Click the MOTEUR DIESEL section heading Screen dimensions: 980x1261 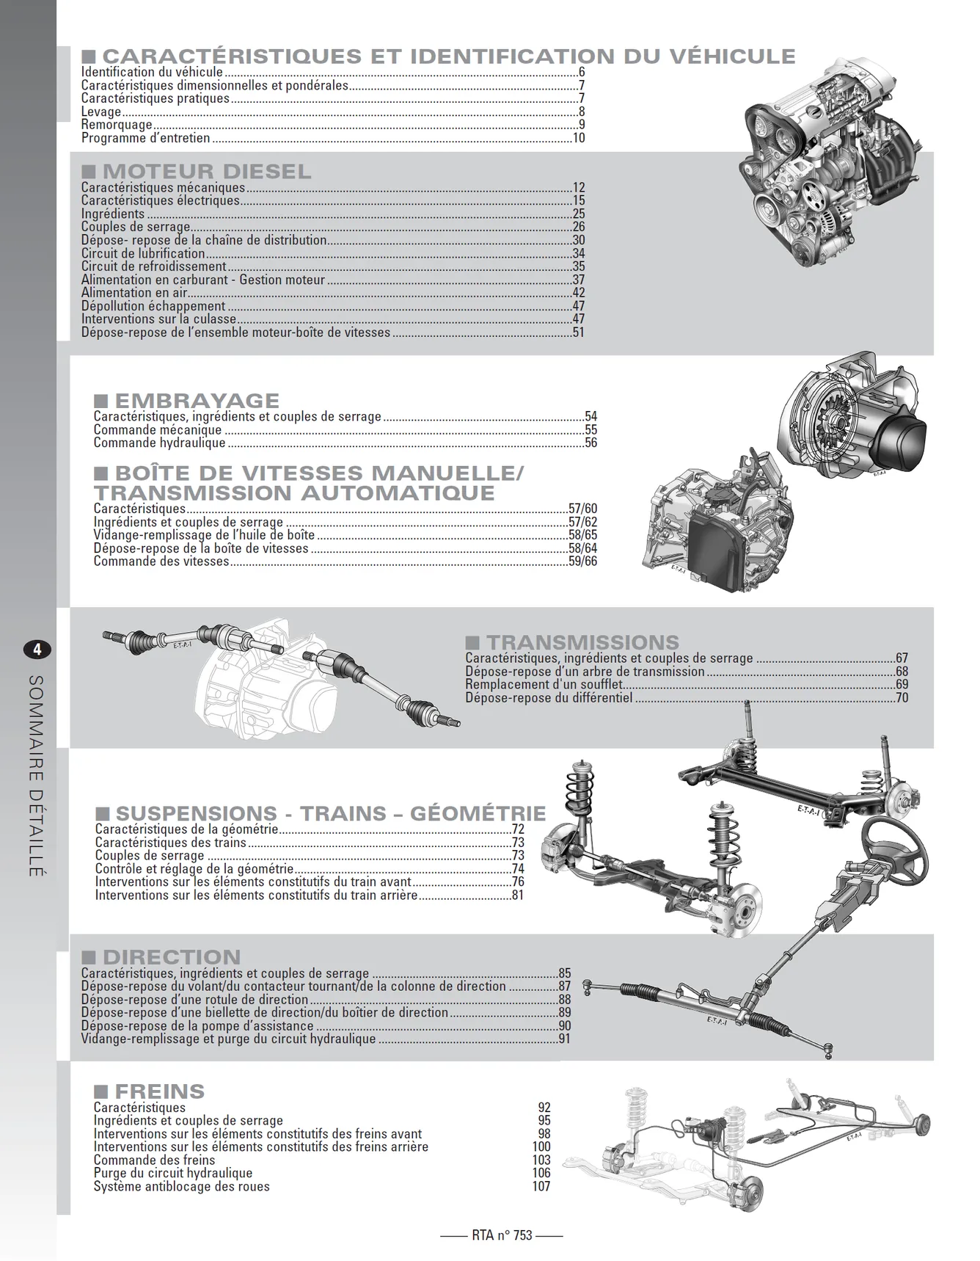[207, 172]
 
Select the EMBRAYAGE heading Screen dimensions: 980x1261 [197, 401]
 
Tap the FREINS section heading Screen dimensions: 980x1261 [160, 1091]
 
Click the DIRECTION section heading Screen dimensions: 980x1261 [172, 957]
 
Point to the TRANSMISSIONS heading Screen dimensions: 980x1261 [583, 642]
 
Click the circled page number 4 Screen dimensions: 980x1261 [37, 650]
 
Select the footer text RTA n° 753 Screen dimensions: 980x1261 [502, 1235]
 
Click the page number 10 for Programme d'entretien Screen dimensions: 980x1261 [579, 138]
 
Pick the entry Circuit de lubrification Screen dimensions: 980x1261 [143, 253]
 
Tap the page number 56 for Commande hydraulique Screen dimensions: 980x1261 [591, 443]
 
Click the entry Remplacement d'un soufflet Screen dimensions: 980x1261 [544, 684]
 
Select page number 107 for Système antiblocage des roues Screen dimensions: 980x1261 [541, 1186]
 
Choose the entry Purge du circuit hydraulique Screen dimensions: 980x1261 [173, 1173]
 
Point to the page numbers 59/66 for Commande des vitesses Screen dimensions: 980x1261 [583, 562]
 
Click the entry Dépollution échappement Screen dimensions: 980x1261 [153, 306]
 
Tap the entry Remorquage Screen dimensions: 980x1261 [117, 125]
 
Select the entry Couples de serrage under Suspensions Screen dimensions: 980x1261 [150, 855]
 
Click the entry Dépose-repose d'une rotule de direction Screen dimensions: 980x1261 [194, 999]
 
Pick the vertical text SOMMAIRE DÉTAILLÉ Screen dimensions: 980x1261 [36, 776]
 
